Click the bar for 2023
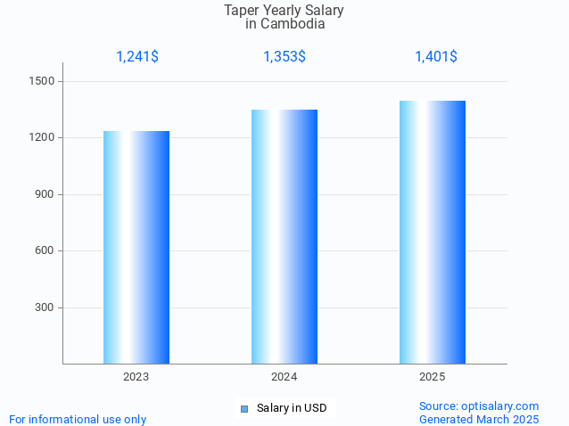coord(136,247)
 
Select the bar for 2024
coord(284,236)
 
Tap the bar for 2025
coord(433,232)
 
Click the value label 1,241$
coord(137,57)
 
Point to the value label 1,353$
coord(284,57)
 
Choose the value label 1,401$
coord(436,57)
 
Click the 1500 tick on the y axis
coord(43,81)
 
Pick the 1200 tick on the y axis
coord(43,138)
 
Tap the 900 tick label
coord(45,194)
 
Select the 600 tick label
coord(45,250)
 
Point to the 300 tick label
coord(45,307)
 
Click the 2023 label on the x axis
coord(136,377)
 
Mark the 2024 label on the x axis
coord(284,377)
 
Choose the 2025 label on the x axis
coord(433,377)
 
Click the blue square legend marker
coord(243,409)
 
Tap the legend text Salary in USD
coord(291,408)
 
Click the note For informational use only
coord(78,419)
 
